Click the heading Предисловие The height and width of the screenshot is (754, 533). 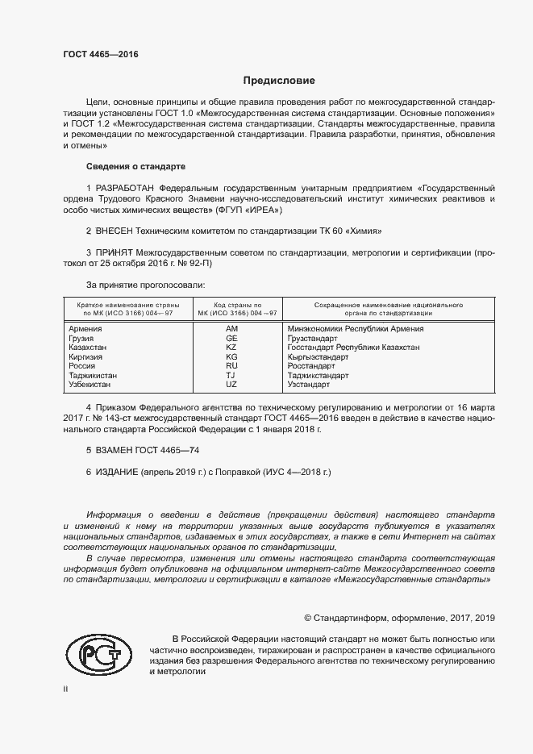(279, 81)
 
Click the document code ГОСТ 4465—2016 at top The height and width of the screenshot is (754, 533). (101, 55)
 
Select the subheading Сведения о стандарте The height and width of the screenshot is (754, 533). (135, 166)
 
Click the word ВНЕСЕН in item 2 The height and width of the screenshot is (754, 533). (120, 231)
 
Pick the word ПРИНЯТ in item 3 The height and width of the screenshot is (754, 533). (117, 252)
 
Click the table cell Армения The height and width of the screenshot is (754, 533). (85, 329)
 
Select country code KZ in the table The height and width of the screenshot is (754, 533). (231, 347)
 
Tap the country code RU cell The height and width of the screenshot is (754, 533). (231, 366)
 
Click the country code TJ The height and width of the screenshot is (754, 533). (231, 375)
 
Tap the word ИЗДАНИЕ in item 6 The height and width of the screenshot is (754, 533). (118, 472)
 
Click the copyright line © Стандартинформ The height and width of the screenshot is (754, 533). (399, 618)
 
